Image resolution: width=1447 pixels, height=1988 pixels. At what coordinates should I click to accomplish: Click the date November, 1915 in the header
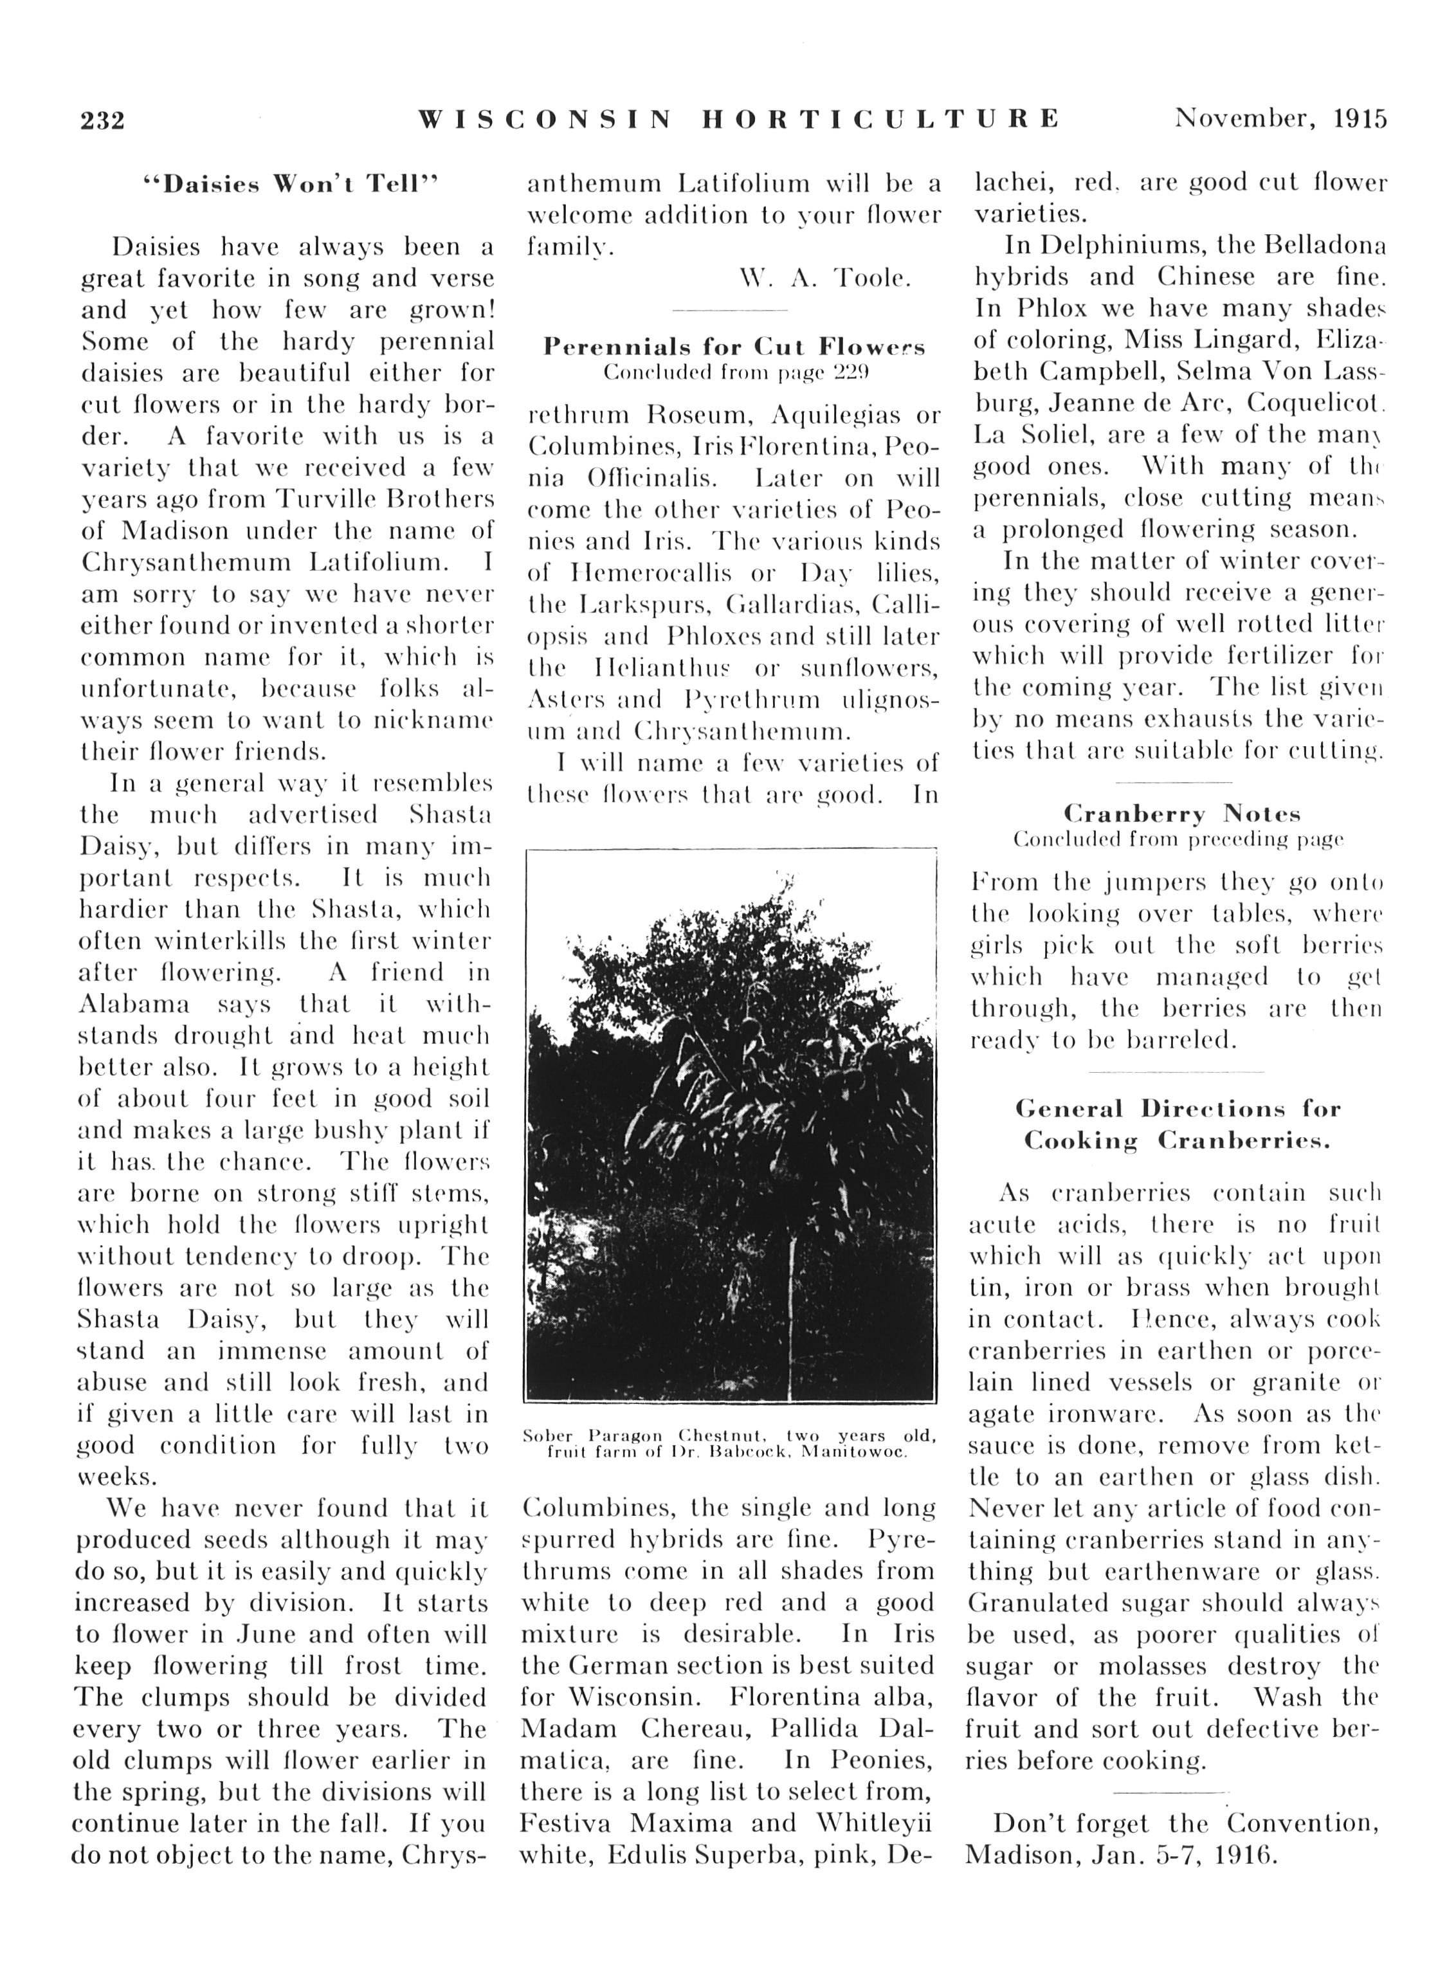(1280, 118)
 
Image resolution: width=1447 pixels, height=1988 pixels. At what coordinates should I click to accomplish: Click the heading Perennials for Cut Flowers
(734, 347)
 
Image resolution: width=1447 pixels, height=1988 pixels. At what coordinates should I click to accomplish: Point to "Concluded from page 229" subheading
(734, 372)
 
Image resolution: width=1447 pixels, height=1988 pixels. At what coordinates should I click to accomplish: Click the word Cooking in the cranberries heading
(1080, 1141)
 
